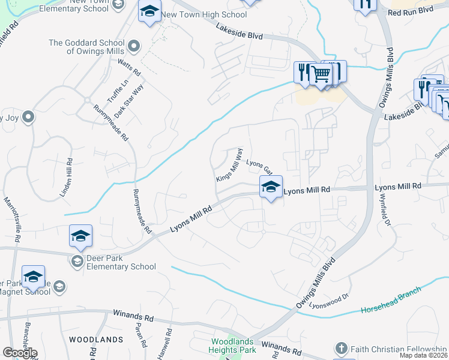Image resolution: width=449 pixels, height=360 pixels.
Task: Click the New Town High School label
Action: point(204,14)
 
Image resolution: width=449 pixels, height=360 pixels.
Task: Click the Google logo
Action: point(20,353)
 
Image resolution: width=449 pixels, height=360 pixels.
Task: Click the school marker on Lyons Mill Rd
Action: point(271,188)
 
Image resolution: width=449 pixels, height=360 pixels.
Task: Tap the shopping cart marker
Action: point(321,75)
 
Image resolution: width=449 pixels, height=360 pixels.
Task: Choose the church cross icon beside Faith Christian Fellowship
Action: point(341,349)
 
